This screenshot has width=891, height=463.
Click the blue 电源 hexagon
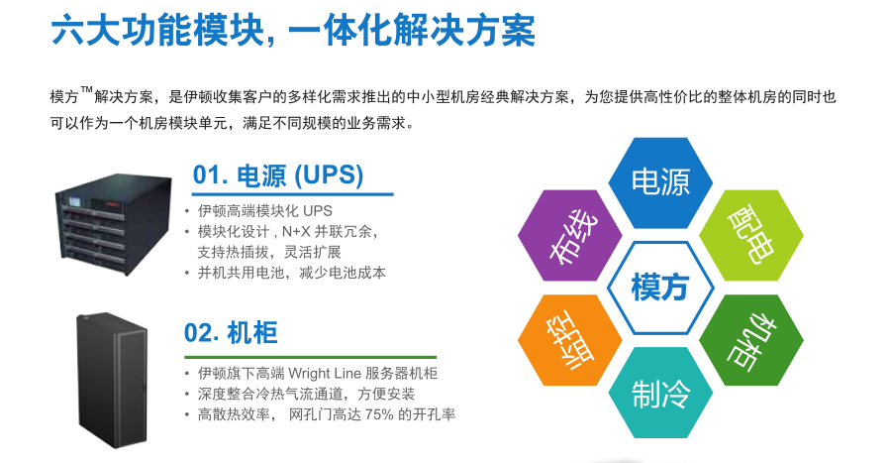(660, 182)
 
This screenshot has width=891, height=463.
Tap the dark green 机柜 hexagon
(751, 340)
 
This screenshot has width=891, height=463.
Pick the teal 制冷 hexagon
(660, 393)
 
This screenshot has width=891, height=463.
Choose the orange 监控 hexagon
(570, 340)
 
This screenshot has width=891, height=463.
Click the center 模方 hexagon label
(659, 287)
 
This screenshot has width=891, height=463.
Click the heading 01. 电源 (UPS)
(278, 175)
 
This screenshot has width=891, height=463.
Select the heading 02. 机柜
(231, 333)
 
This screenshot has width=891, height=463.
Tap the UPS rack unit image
(114, 224)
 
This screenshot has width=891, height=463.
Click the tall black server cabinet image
(113, 380)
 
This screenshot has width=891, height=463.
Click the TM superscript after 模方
(86, 89)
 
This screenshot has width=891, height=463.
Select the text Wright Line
(325, 374)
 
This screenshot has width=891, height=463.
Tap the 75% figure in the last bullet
(379, 414)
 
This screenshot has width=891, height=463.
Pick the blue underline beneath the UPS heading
(293, 194)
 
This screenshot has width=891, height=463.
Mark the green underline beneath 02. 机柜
(310, 357)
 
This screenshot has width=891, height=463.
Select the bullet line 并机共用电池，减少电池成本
(291, 273)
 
